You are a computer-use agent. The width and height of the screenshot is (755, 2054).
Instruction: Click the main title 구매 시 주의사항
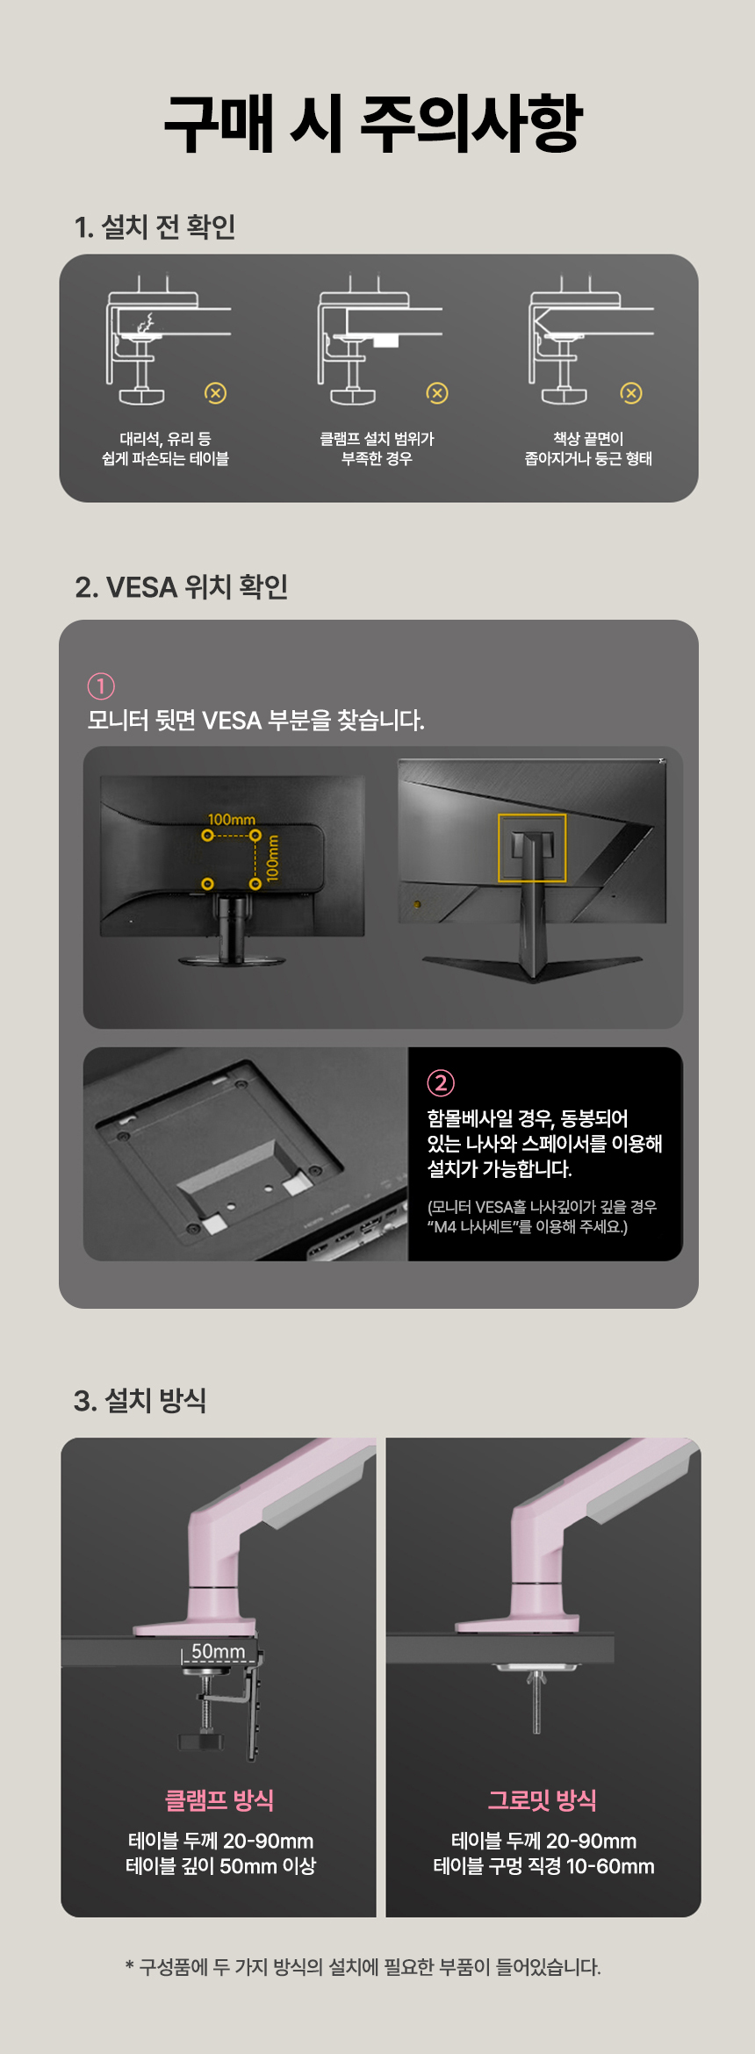coord(374,124)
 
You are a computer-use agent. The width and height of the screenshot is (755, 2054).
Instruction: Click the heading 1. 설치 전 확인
coord(155,226)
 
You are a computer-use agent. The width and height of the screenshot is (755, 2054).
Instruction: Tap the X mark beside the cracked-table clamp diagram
coord(216,393)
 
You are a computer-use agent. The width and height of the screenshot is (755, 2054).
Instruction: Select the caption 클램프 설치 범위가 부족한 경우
coord(377,449)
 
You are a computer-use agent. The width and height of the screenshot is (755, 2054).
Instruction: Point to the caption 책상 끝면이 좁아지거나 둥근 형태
coord(588,449)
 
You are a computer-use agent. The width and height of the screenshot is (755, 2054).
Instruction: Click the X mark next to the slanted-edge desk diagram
coord(631,393)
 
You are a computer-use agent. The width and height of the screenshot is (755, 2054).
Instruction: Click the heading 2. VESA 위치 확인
coord(182,586)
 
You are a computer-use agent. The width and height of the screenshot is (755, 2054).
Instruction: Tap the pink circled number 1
coord(101,686)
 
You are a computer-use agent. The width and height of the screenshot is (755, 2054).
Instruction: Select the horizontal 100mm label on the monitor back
coord(231,820)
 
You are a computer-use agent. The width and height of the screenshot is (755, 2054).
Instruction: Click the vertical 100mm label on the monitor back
coord(272,857)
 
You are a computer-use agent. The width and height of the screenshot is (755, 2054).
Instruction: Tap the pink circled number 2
coord(441,1083)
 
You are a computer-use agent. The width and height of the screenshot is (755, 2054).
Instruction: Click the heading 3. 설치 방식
coord(140,1400)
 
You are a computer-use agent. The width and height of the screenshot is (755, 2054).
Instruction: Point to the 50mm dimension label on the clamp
coord(219,1651)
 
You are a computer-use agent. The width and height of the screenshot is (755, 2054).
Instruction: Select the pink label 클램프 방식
coord(219,1799)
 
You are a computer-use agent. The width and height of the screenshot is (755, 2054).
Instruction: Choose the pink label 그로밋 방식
coord(543,1799)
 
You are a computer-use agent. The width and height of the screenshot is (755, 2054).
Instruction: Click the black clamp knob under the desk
coord(201,1741)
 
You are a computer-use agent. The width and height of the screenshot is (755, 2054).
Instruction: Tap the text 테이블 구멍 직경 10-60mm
coord(543,1865)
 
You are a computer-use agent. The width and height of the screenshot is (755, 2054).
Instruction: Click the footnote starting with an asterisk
coord(363,1967)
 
